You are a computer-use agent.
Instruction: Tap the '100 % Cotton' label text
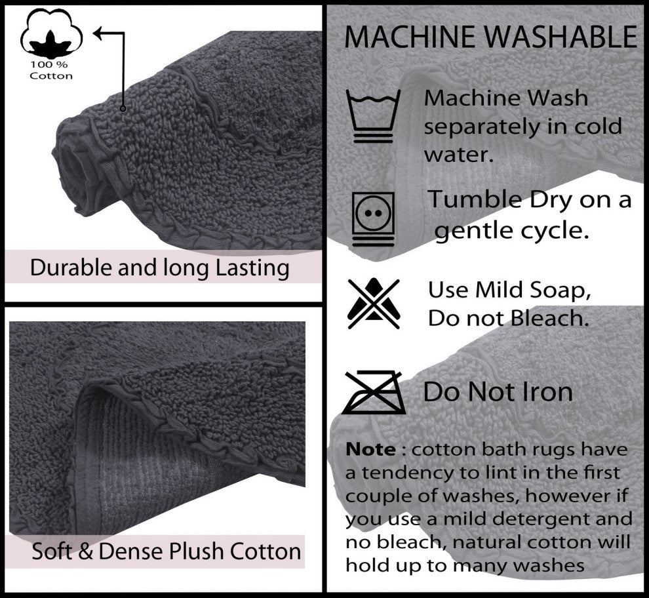click(51, 70)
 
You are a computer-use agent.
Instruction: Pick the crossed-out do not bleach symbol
click(373, 303)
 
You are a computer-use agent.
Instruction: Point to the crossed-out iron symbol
click(373, 393)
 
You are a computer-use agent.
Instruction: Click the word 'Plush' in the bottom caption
click(197, 551)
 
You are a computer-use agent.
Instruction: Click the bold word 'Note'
click(370, 450)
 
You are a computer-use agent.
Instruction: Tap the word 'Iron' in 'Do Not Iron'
click(543, 392)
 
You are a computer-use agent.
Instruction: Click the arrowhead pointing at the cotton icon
click(99, 32)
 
